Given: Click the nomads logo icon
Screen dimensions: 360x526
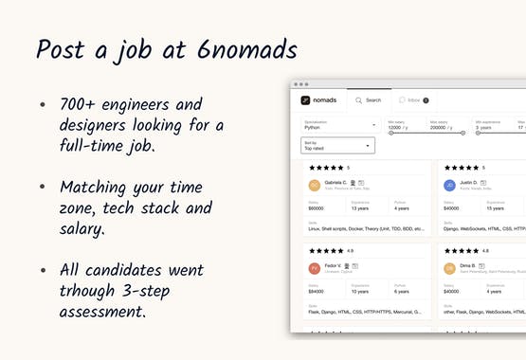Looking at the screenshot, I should tap(305, 99).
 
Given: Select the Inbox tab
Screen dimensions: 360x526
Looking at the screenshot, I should tap(411, 99).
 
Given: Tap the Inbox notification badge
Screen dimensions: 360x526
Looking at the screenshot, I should tap(426, 99).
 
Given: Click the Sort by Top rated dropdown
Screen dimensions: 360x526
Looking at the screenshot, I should tap(337, 146).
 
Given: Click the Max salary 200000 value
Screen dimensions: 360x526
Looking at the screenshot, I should tap(444, 126).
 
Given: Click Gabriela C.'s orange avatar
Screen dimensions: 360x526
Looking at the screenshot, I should tap(314, 186).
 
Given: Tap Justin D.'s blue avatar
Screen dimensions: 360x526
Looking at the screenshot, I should tap(449, 186).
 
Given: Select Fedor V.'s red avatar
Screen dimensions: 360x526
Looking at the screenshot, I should tap(314, 268).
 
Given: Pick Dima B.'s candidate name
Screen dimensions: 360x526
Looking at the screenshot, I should tap(467, 266).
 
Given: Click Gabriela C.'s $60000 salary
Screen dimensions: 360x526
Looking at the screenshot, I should tap(317, 207).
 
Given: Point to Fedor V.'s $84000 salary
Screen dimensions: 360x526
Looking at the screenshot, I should tap(317, 291).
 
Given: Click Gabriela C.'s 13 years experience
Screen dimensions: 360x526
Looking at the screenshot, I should tap(360, 207).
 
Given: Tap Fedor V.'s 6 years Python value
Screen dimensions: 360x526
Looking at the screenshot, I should tap(403, 291).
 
